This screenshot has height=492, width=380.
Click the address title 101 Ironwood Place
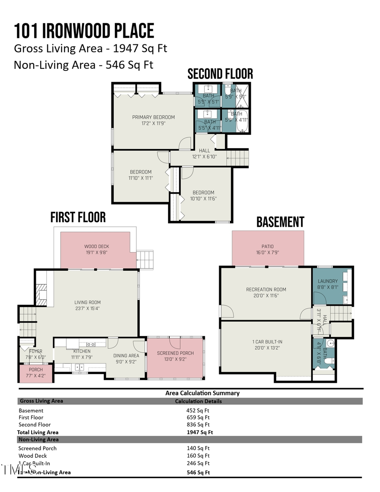[x=84, y=31]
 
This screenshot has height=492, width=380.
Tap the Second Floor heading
[x=220, y=74]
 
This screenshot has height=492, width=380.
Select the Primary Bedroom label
[x=153, y=117]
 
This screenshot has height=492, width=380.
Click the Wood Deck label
[x=97, y=247]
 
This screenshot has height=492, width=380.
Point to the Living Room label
[x=87, y=302]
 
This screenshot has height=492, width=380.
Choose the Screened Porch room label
[x=175, y=353]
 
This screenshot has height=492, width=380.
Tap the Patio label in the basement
[x=267, y=247]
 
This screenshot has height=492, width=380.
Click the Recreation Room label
[x=266, y=290]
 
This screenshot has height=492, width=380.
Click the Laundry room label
[x=328, y=281]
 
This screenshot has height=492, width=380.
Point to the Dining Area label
[x=126, y=356]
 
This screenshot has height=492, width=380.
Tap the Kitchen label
[x=81, y=351]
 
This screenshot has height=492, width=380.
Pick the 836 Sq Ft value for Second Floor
[x=198, y=424]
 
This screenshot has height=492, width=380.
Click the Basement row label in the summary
[x=31, y=410]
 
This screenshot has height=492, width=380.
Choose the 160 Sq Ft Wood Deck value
[x=198, y=456]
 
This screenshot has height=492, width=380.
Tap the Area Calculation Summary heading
[x=202, y=393]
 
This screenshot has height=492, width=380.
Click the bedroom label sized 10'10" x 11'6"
[x=203, y=193]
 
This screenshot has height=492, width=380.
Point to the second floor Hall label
[x=204, y=150]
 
